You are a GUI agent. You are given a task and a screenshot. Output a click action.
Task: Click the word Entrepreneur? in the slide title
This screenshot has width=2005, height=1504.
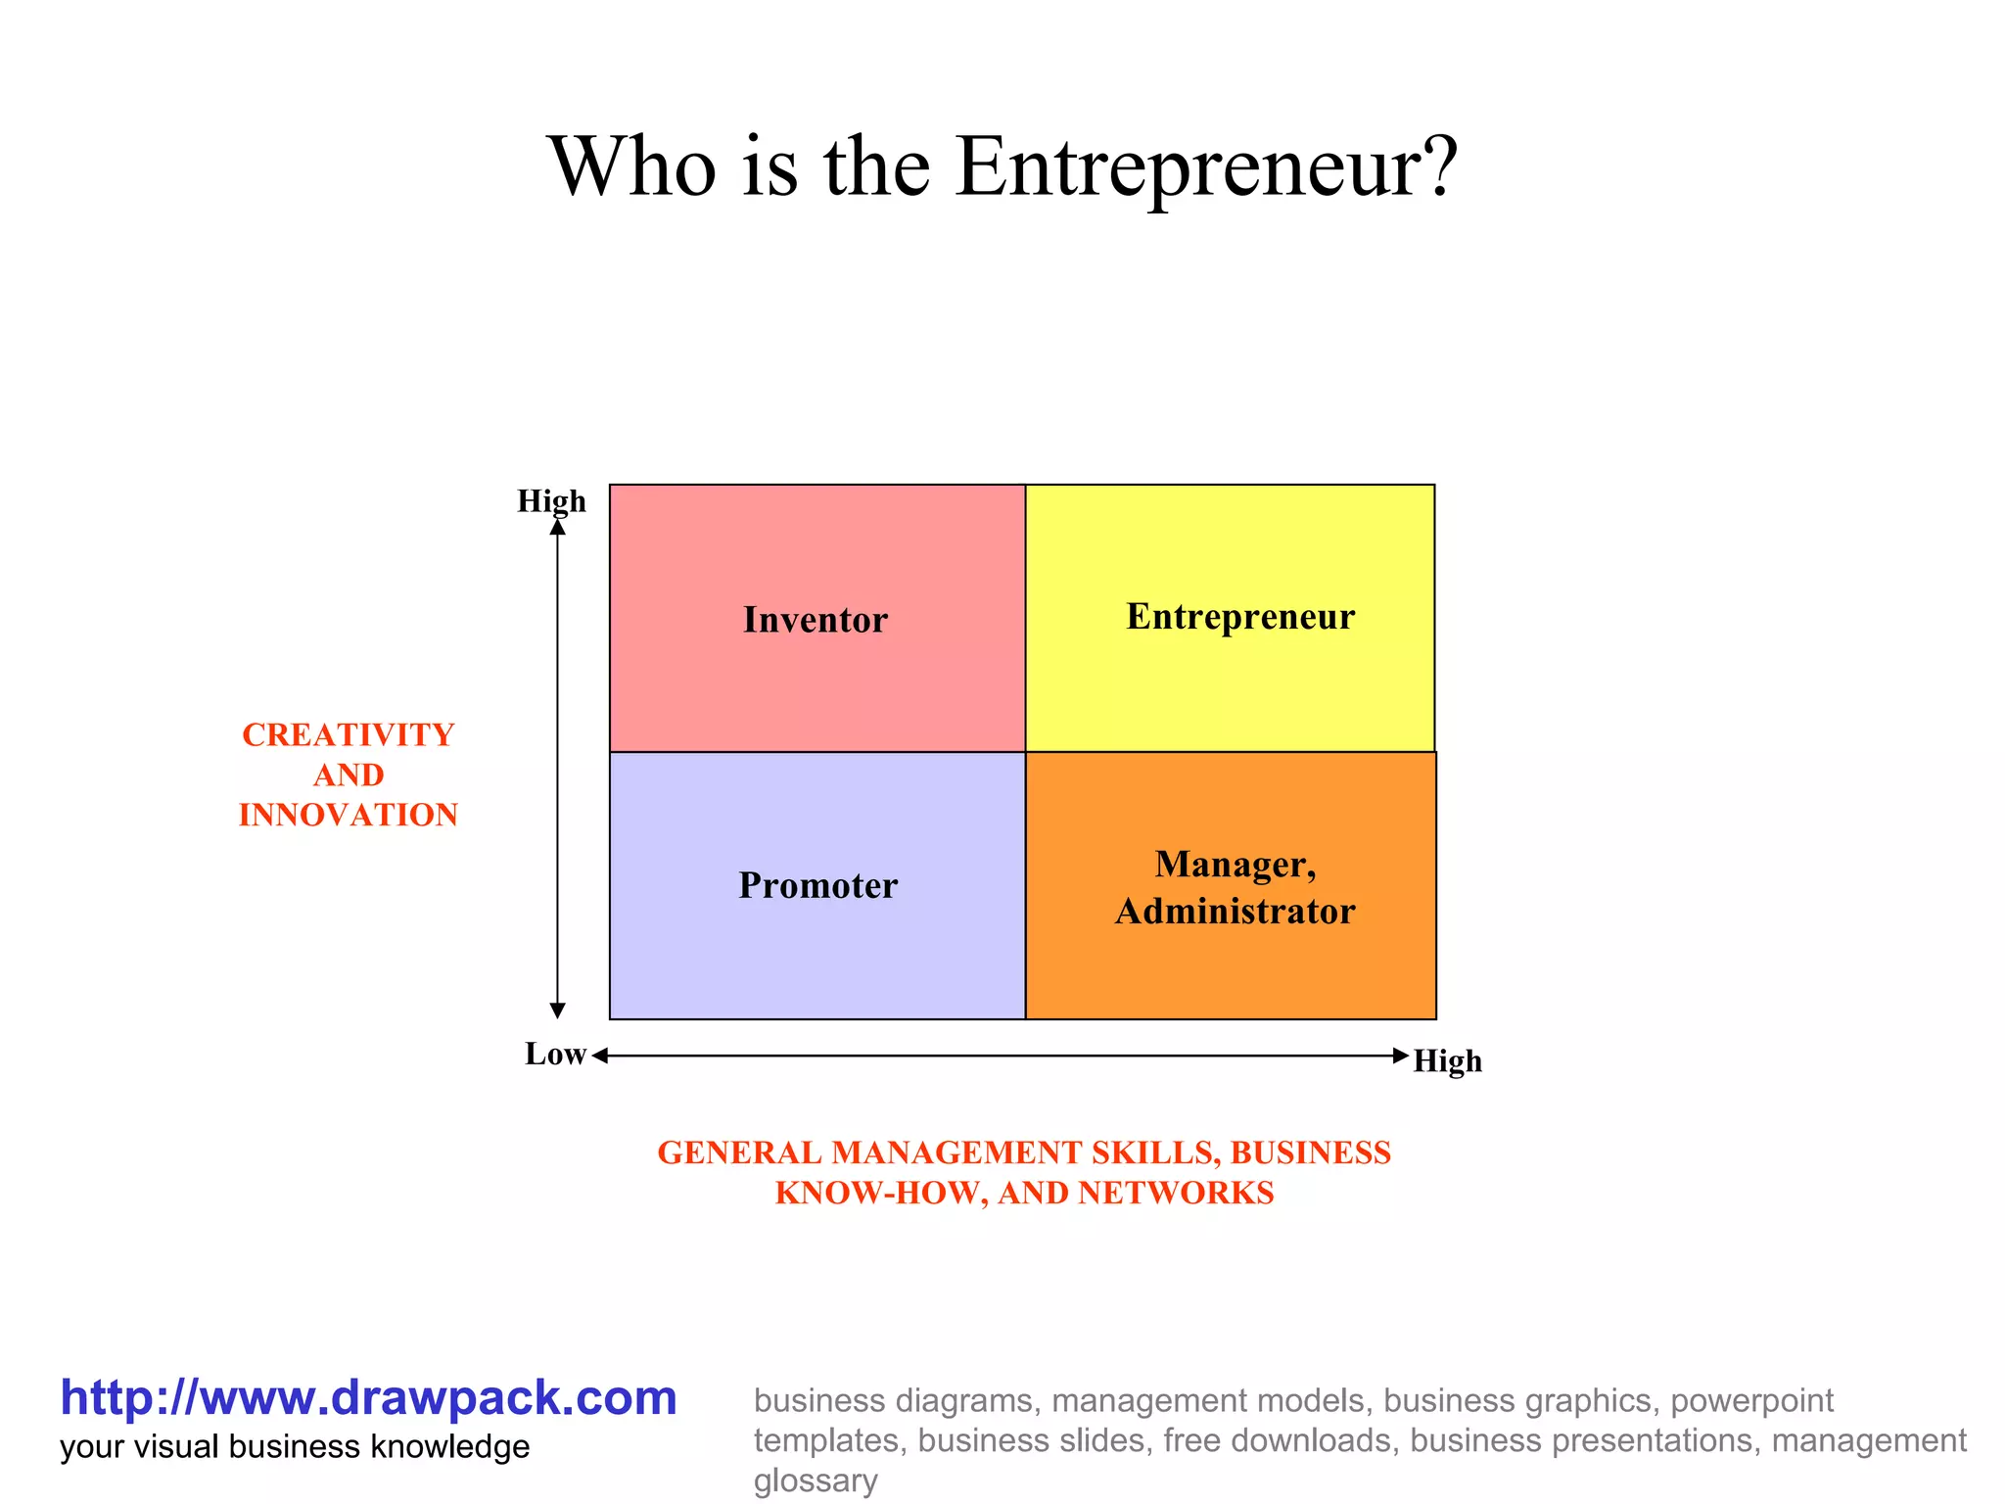point(1206,166)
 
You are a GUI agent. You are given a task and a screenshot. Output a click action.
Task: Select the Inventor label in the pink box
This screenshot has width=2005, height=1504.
point(816,620)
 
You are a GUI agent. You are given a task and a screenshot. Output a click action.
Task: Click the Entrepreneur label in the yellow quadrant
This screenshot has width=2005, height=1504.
point(1240,617)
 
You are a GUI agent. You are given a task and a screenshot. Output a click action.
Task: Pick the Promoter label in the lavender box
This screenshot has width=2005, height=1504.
point(817,885)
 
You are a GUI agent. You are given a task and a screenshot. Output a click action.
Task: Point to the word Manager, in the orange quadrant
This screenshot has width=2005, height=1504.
point(1236,864)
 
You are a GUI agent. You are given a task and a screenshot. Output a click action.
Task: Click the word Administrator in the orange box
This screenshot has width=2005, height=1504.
point(1236,912)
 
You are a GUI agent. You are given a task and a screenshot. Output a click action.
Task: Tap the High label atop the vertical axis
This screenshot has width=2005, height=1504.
point(551,501)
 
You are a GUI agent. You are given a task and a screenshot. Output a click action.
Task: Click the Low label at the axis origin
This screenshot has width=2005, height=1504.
point(555,1054)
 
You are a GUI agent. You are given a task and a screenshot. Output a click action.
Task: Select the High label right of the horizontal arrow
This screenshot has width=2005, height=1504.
point(1447,1060)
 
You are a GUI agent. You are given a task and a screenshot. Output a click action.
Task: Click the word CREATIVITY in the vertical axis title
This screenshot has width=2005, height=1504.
point(349,734)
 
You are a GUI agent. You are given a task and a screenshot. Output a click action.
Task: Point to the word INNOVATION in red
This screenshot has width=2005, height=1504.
point(349,815)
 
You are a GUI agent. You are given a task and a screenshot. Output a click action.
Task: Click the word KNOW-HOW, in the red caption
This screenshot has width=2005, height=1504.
point(881,1193)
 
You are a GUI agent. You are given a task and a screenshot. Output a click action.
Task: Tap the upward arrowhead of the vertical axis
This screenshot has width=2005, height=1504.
point(558,527)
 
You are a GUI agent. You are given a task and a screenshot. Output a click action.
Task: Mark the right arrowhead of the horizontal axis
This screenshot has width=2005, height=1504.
point(1401,1055)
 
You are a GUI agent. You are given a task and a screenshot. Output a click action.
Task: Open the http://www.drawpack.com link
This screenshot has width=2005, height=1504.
point(368,1397)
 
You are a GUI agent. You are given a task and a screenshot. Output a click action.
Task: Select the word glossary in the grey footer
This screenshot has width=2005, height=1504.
point(815,1480)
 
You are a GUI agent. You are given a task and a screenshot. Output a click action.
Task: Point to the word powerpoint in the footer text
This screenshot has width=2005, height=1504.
point(1751,1400)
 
